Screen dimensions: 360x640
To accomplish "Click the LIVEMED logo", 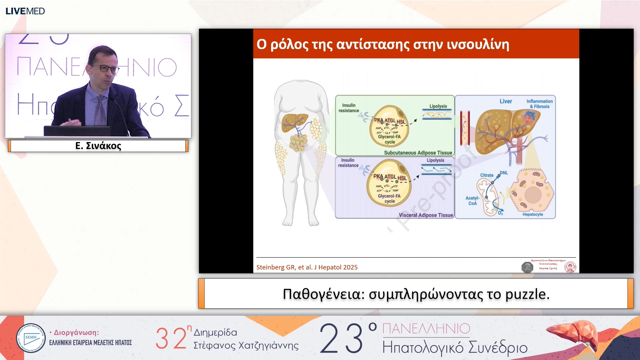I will point(25,11).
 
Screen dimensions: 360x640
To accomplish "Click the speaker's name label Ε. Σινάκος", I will point(98,146).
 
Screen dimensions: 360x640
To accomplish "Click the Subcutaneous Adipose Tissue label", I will point(418,153).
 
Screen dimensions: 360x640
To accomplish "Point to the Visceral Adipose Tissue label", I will point(426,215).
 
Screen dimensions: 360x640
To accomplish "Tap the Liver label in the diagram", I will point(506,101).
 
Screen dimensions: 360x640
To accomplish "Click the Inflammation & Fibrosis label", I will point(540,104).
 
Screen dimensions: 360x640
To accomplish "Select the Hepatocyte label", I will point(533,214).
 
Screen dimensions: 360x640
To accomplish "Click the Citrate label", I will point(487,175).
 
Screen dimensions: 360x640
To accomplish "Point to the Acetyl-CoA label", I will point(472,201).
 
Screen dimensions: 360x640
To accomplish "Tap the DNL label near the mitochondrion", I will point(504,173).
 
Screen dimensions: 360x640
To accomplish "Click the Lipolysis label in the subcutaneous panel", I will point(438,106).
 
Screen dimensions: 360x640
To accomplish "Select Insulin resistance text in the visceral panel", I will point(348,163).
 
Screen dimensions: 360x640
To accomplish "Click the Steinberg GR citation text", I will point(307,267).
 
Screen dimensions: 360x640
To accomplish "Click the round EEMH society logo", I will point(31,338).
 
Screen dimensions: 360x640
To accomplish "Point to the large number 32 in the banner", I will point(171,338).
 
